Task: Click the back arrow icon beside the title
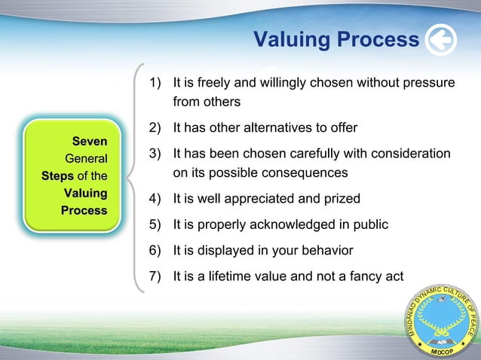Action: click(440, 40)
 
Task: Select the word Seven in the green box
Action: click(89, 141)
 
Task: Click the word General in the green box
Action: click(86, 158)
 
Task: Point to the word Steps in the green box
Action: click(60, 175)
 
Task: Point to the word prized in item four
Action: click(342, 199)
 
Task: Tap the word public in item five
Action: click(369, 224)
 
